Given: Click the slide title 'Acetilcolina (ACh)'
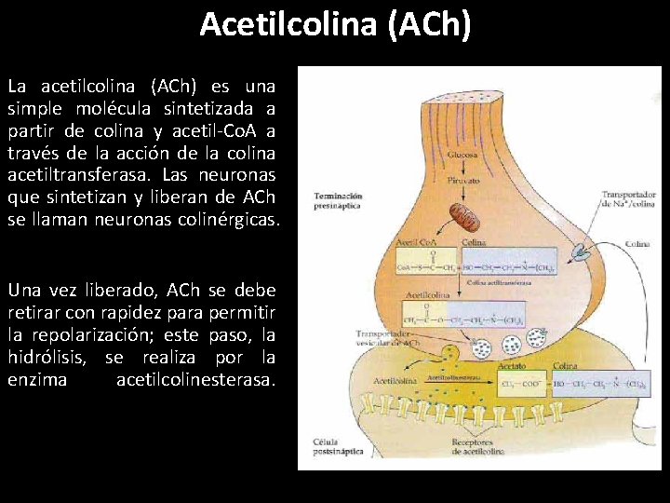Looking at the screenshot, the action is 335,24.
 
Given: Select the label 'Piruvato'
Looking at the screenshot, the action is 462,179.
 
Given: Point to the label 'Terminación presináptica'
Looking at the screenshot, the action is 338,201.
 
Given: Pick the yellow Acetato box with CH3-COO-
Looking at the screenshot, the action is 521,383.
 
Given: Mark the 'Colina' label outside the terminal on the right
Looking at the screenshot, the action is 636,244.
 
